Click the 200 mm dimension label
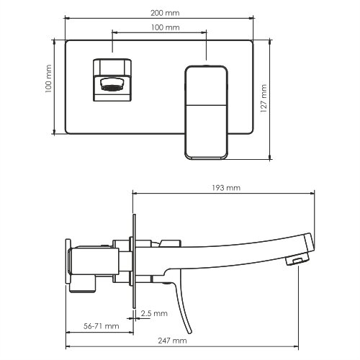pos(165,13)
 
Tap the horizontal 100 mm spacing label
pos(165,27)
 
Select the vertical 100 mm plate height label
pos(48,78)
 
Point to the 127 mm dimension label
pos(264,99)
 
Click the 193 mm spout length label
pos(226,188)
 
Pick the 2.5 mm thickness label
pos(154,313)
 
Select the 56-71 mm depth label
pos(101,326)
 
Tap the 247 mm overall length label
pos(172,341)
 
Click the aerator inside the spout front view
pos(112,85)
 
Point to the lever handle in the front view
pos(206,112)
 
